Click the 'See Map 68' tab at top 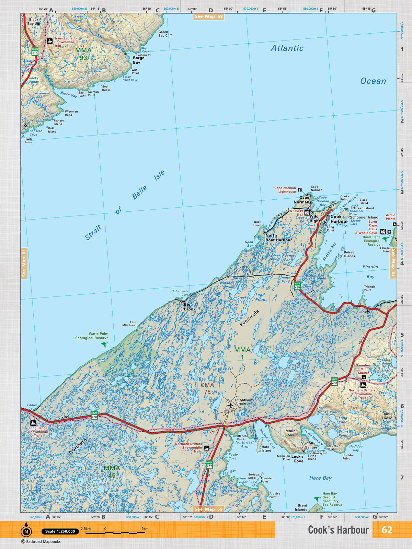(209, 16)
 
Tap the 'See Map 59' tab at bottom (209, 509)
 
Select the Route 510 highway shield (35, 51)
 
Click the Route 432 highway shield (209, 465)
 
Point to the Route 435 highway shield (297, 285)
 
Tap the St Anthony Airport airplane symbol (231, 405)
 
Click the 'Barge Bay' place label (138, 60)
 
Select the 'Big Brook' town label (189, 307)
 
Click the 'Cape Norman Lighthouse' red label (285, 190)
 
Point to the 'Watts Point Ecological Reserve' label (92, 336)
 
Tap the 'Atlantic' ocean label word (287, 48)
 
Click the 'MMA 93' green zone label (83, 54)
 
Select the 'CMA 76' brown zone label (207, 388)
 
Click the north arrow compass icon (26, 532)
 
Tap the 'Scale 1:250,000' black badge (60, 532)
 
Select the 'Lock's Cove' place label (298, 459)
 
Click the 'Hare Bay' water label (320, 478)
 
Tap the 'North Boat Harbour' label (278, 238)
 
